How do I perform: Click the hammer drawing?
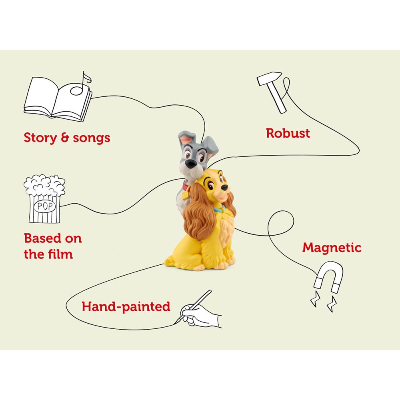click(x=272, y=92)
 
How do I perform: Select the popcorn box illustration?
click(x=44, y=199)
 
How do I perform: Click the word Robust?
click(x=288, y=133)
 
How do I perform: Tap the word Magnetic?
click(x=332, y=248)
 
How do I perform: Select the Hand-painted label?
click(x=126, y=307)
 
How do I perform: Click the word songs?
click(x=92, y=138)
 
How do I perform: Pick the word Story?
click(x=40, y=138)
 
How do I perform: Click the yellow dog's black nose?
click(x=224, y=188)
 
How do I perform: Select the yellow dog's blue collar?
click(x=219, y=210)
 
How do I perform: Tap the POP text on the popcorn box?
click(x=45, y=206)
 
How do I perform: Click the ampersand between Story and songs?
click(x=65, y=138)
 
